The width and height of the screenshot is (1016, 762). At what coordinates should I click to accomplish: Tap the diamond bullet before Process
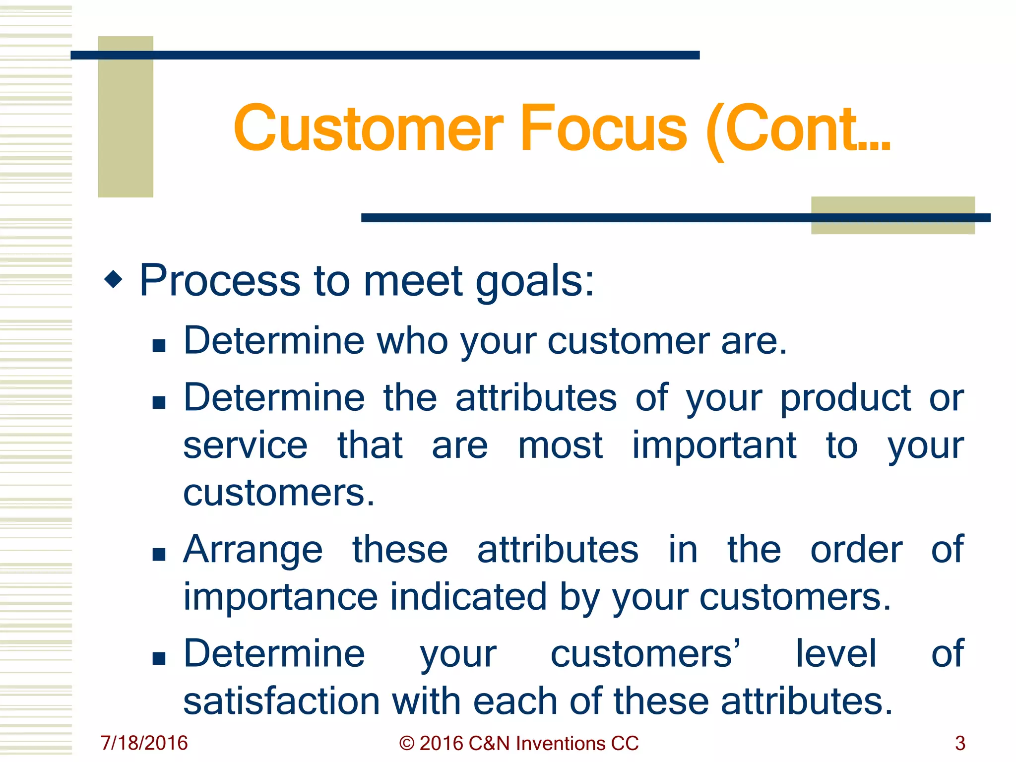pyautogui.click(x=114, y=279)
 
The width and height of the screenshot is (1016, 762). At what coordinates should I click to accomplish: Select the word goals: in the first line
pyautogui.click(x=535, y=282)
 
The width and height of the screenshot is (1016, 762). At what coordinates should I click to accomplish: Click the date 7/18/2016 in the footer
pyautogui.click(x=144, y=743)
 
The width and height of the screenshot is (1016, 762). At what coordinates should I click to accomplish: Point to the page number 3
pyautogui.click(x=960, y=743)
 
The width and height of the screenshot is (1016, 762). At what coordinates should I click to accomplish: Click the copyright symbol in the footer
pyautogui.click(x=406, y=743)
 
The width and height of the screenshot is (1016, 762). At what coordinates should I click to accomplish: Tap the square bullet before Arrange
pyautogui.click(x=159, y=554)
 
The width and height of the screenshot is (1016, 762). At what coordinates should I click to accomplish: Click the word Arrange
pyautogui.click(x=253, y=550)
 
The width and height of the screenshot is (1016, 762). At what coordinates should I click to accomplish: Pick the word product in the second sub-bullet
pyautogui.click(x=845, y=398)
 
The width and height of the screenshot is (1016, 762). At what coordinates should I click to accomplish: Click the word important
pyautogui.click(x=714, y=445)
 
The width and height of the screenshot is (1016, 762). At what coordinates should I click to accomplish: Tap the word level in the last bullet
pyautogui.click(x=836, y=653)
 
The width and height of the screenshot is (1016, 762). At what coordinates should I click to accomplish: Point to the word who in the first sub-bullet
pyautogui.click(x=413, y=341)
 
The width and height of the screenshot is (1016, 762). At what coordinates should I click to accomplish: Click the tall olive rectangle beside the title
pyautogui.click(x=126, y=117)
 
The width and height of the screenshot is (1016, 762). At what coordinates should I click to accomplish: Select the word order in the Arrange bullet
pyautogui.click(x=856, y=550)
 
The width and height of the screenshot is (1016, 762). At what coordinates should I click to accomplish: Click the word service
pyautogui.click(x=245, y=445)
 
